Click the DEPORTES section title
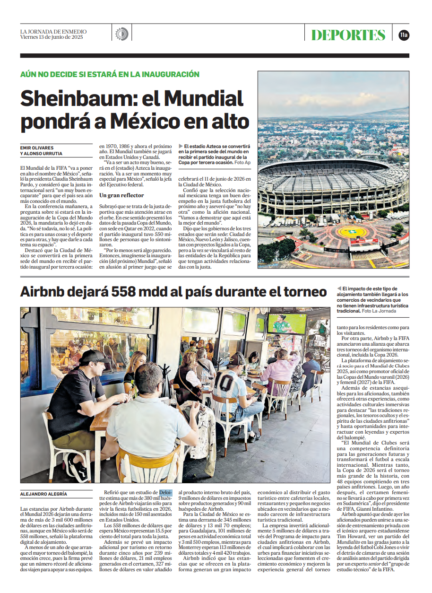(348, 35)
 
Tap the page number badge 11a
(404, 35)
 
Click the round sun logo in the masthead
(121, 34)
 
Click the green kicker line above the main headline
(110, 74)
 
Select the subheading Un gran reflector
(121, 195)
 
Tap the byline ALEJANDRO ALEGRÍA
(43, 494)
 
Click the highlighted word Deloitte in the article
(166, 492)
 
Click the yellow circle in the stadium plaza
(352, 232)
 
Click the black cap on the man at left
(94, 357)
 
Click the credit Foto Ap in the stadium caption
(242, 162)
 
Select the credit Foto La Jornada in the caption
(380, 311)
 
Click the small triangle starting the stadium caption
(181, 147)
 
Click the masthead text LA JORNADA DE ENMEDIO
(53, 31)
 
